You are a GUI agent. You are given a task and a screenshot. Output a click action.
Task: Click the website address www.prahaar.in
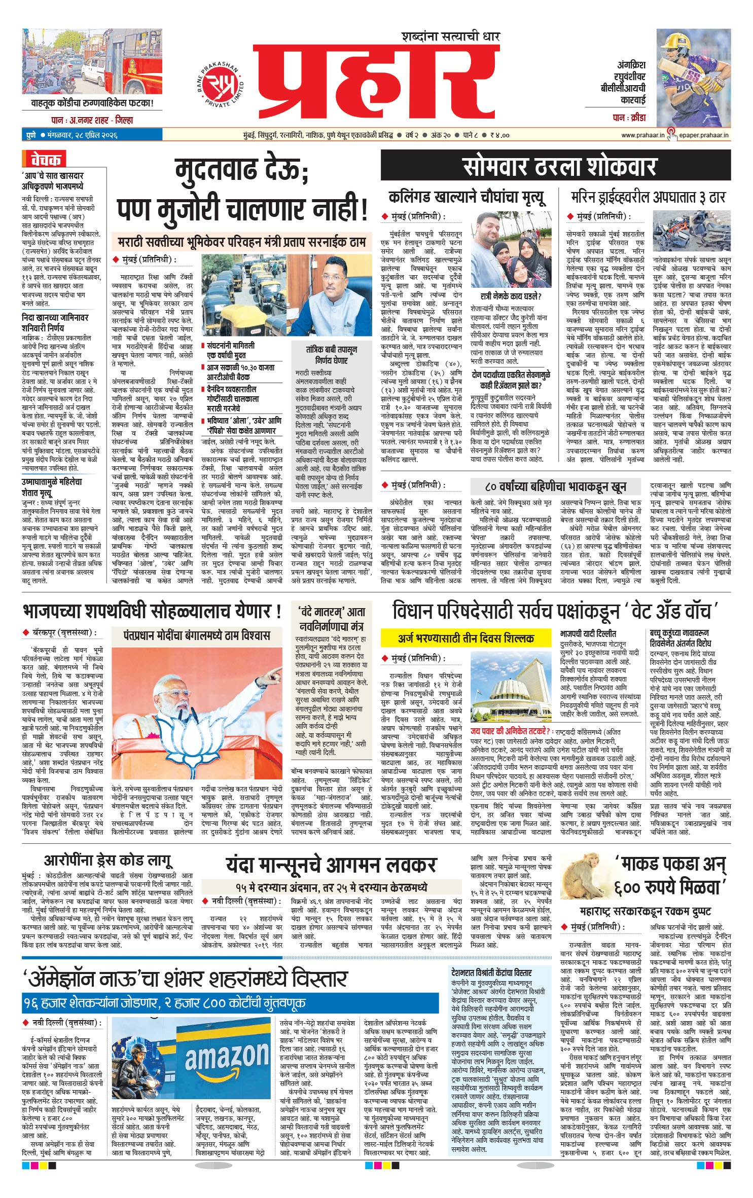(642, 135)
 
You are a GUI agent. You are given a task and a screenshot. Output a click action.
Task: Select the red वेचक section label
(45, 160)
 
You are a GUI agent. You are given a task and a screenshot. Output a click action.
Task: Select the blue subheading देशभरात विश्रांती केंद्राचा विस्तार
(491, 972)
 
